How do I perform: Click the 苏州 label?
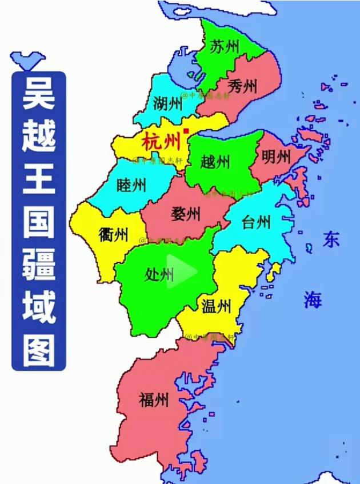(224, 47)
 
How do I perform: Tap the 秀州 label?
(242, 86)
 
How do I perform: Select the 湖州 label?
(167, 103)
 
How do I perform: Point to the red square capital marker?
(186, 131)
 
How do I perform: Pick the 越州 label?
(215, 162)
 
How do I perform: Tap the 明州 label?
(277, 157)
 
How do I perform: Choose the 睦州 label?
(131, 185)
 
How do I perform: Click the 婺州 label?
(186, 214)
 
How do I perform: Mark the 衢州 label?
(113, 234)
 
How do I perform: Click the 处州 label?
(159, 275)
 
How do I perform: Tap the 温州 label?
(216, 306)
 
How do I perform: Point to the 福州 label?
(154, 399)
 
